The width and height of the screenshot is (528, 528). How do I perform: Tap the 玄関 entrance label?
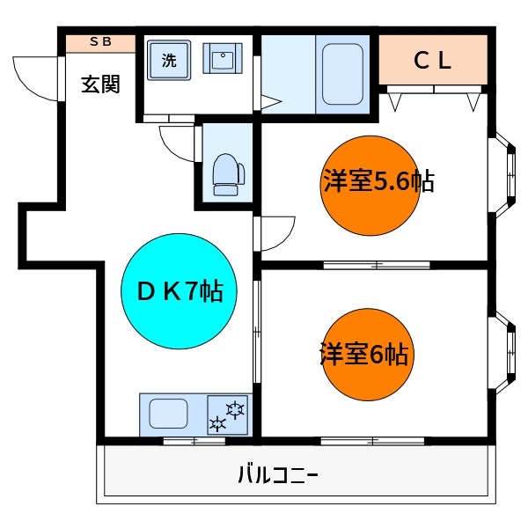[x=100, y=84]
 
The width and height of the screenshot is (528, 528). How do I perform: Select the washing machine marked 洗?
[x=167, y=61]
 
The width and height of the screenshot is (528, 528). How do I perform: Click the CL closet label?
[x=432, y=60]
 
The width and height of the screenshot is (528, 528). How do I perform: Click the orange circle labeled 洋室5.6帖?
[x=370, y=182]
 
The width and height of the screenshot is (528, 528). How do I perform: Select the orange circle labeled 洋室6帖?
[x=367, y=355]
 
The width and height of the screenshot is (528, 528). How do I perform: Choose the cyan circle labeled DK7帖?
[x=179, y=290]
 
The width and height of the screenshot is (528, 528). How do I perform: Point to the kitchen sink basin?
[x=167, y=413]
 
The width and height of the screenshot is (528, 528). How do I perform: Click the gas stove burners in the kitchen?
[x=228, y=414]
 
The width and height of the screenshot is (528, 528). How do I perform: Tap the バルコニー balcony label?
[x=278, y=476]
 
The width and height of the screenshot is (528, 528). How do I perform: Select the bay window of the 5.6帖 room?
[x=505, y=174]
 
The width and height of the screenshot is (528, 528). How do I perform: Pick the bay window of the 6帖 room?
[x=505, y=351]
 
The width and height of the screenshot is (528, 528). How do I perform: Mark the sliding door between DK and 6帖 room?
[x=256, y=332]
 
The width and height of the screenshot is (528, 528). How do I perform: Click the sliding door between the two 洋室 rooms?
[x=376, y=264]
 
